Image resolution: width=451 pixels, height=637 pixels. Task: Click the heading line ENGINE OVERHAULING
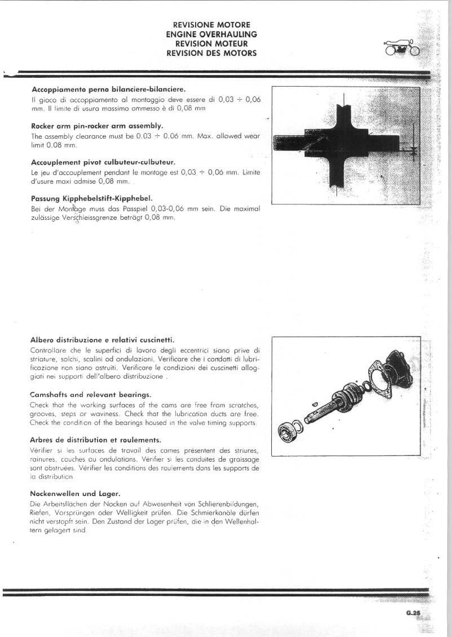click(x=211, y=34)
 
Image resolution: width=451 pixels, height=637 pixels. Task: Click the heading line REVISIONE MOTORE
click(x=211, y=25)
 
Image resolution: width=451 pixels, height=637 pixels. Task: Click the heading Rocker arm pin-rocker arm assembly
click(x=97, y=126)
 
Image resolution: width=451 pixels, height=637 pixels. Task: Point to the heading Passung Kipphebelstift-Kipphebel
click(x=92, y=198)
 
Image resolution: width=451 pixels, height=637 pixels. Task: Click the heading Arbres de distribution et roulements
click(x=95, y=440)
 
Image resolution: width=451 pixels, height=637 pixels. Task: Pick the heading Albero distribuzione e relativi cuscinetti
click(x=102, y=340)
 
